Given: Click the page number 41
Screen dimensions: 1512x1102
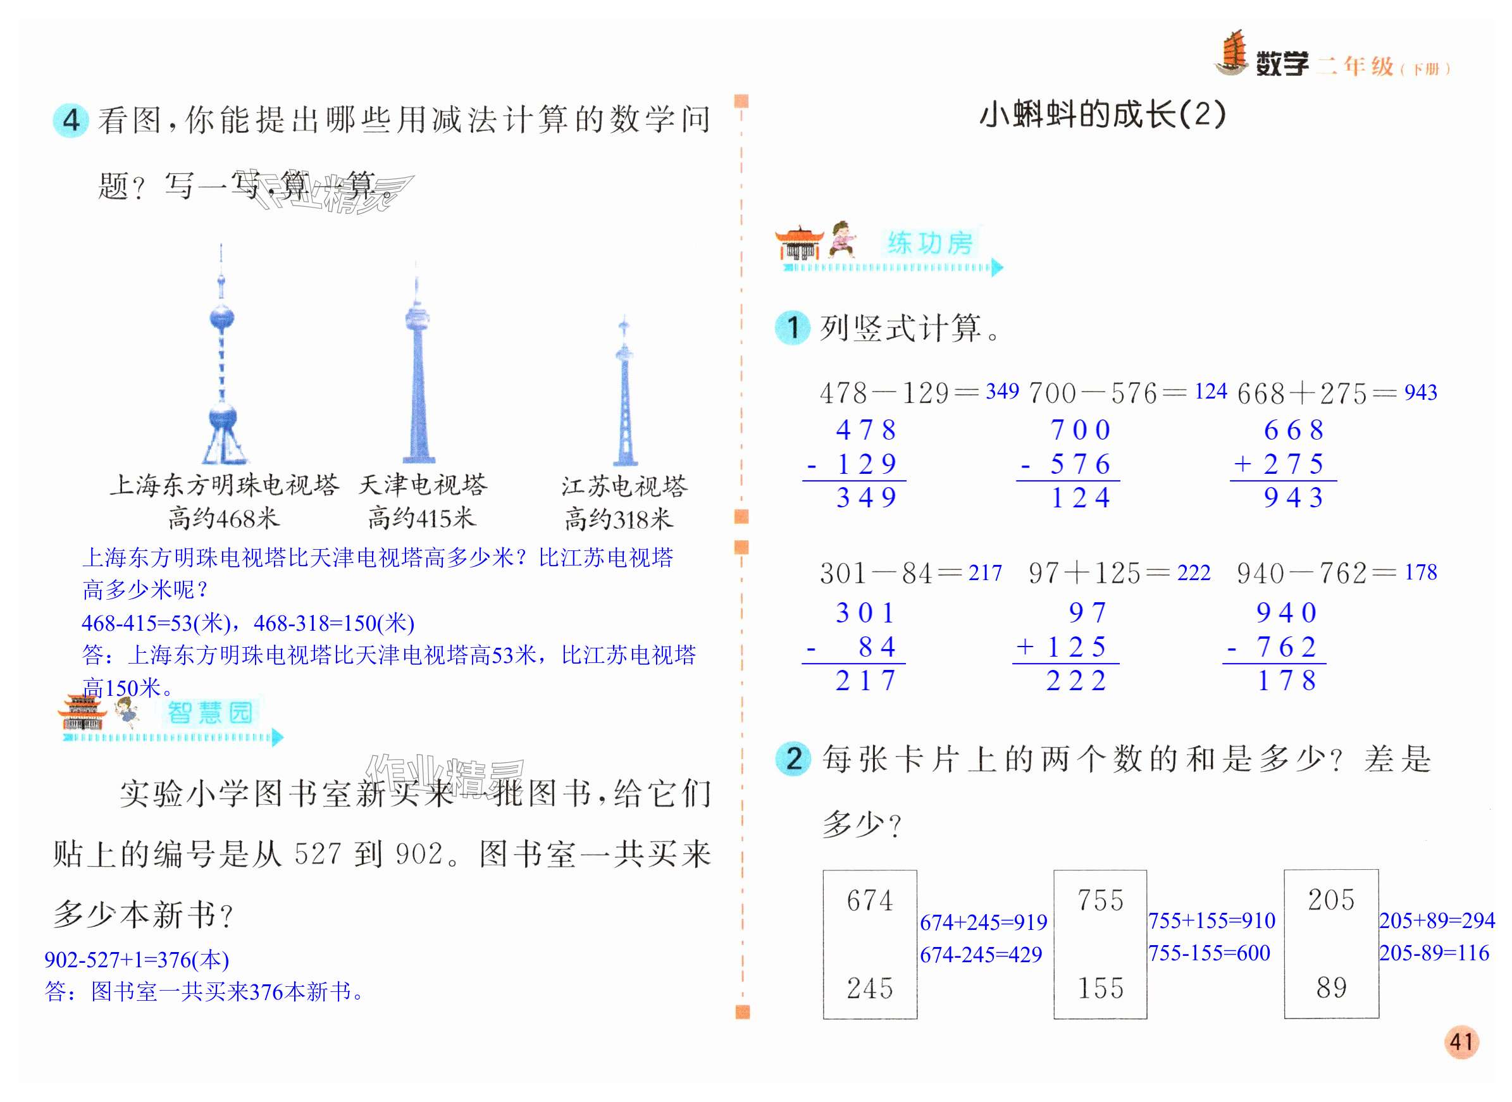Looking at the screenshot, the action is (x=1461, y=1041).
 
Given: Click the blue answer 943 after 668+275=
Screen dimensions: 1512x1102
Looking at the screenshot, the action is (x=1421, y=392).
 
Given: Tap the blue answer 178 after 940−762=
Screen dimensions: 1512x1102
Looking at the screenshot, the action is (x=1421, y=573).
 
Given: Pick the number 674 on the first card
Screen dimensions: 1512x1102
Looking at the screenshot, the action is (x=869, y=901).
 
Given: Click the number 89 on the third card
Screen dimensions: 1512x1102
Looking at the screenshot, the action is (x=1331, y=988).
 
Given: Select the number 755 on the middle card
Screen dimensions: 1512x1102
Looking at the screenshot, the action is (x=1101, y=901).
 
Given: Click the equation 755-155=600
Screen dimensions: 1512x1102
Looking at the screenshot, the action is (x=1208, y=953).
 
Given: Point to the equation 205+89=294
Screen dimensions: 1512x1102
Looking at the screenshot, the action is (x=1437, y=920).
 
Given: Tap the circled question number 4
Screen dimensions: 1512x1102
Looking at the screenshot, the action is (x=71, y=121).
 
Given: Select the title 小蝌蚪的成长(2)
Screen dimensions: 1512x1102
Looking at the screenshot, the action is (x=1102, y=114).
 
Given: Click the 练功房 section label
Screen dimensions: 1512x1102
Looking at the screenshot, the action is (x=930, y=244).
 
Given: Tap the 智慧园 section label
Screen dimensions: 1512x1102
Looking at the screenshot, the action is (x=209, y=713).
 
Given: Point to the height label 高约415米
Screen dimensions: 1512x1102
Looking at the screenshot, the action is (x=421, y=518).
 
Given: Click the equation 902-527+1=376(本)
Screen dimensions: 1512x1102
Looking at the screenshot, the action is (x=137, y=960).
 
